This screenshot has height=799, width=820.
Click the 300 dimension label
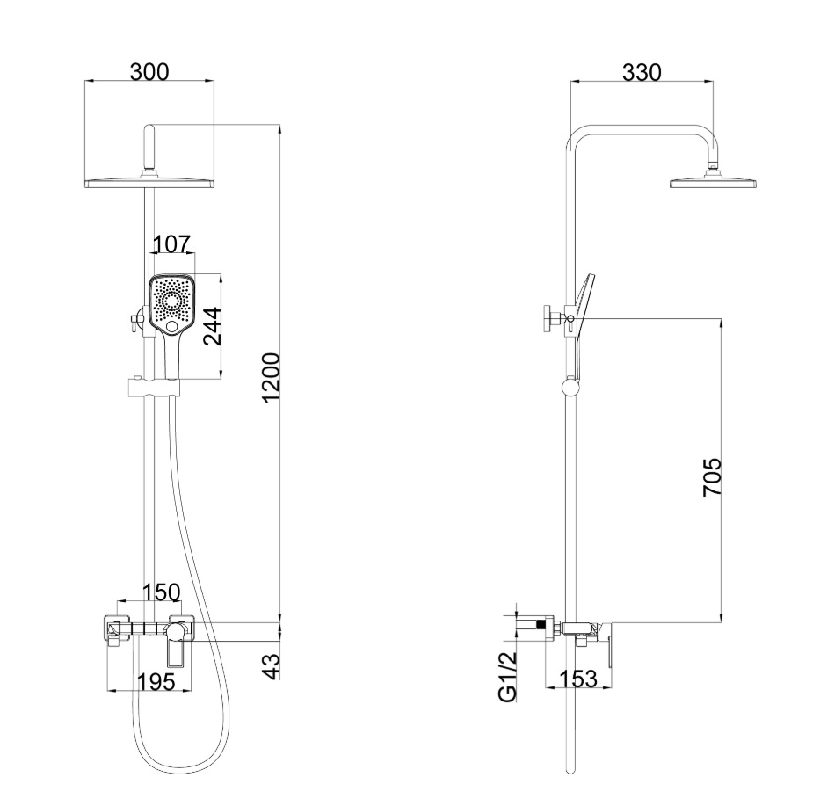[149, 72]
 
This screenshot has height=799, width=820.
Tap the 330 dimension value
[642, 72]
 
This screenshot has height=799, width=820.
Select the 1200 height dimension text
[272, 378]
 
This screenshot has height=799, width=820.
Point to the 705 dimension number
[712, 477]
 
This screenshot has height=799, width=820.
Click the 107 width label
[171, 243]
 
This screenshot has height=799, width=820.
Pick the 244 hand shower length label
[213, 326]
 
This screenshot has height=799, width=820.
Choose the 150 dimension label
[162, 592]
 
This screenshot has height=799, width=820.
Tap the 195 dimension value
[156, 682]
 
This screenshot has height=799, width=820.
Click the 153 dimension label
[578, 679]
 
